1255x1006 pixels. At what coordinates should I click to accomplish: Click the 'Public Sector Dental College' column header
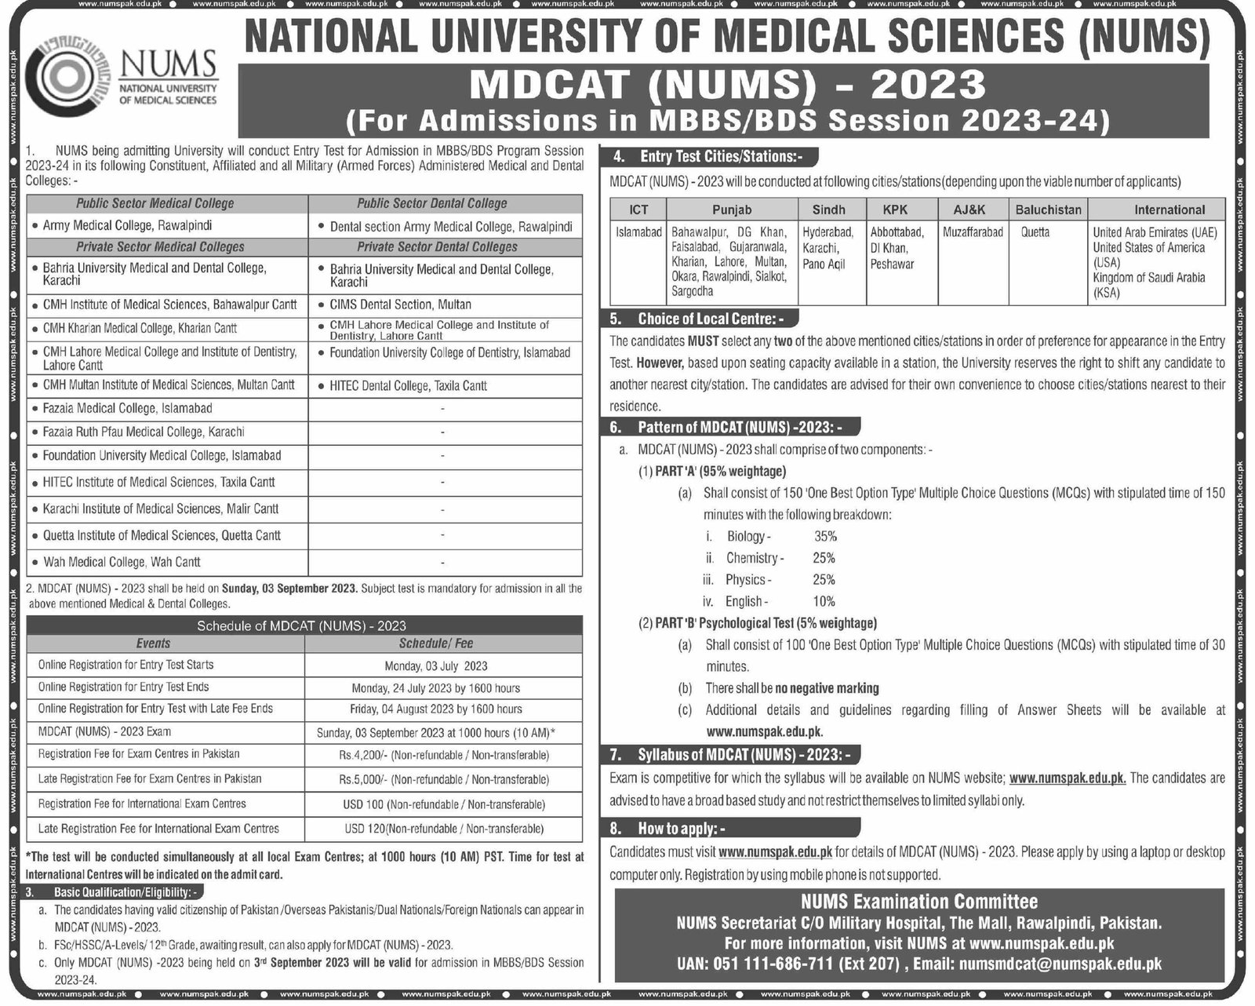click(431, 203)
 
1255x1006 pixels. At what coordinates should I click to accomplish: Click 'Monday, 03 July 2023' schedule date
click(436, 666)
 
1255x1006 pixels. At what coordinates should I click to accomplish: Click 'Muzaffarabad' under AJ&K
click(973, 232)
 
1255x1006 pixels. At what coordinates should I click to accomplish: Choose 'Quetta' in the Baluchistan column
click(1035, 232)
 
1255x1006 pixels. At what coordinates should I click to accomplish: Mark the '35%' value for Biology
click(825, 537)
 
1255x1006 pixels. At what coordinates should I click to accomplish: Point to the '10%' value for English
click(824, 602)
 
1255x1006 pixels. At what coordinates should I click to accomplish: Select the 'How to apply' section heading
click(678, 828)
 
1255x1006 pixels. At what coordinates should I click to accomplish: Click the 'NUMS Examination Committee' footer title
click(919, 902)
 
